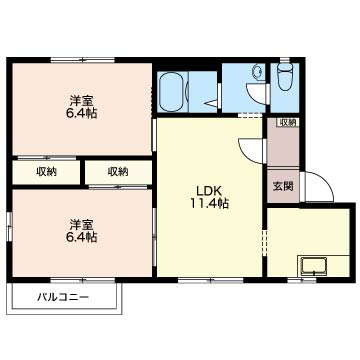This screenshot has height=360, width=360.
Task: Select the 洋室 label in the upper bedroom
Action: [81, 100]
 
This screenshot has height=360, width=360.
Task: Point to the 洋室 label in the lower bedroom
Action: [81, 224]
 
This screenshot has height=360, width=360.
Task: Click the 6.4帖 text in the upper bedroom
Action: [81, 114]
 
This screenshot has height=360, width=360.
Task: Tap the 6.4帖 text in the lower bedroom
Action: [81, 238]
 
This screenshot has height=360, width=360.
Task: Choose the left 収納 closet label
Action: [46, 172]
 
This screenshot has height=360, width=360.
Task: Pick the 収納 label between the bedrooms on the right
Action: [118, 172]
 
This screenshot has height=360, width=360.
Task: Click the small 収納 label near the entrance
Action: [288, 122]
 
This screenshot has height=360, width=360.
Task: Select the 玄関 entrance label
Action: [282, 186]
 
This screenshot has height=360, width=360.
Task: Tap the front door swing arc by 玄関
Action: [317, 187]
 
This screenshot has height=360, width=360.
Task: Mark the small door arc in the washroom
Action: [257, 94]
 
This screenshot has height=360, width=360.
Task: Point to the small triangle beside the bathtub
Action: [210, 100]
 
